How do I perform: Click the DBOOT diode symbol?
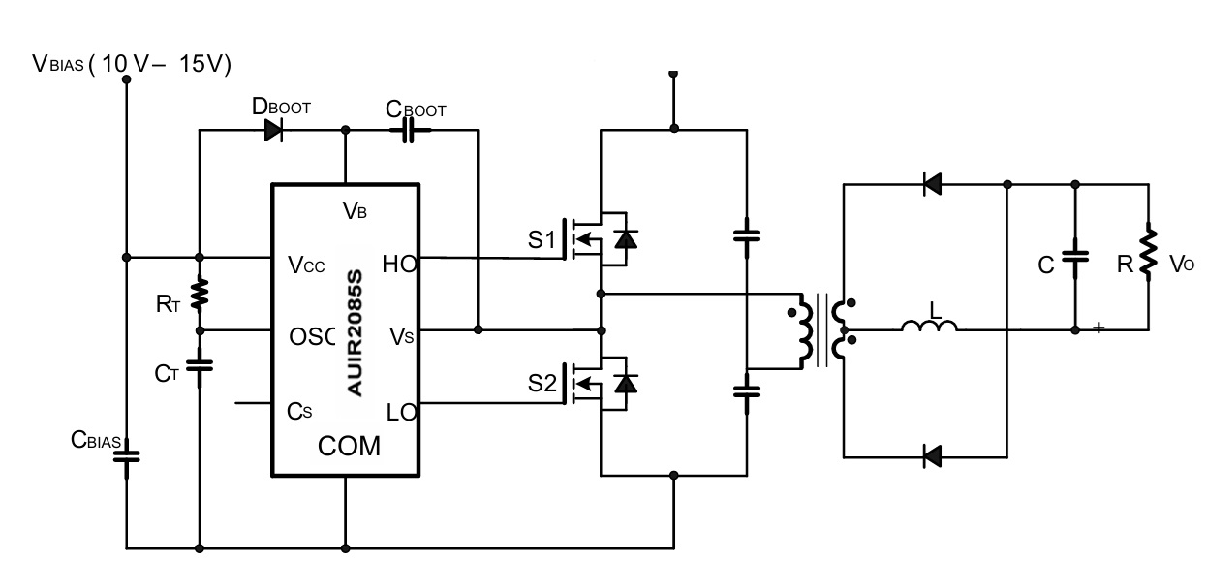(x=274, y=130)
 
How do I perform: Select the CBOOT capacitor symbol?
(x=409, y=130)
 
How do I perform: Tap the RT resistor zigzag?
(x=200, y=294)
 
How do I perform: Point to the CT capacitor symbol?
(x=200, y=366)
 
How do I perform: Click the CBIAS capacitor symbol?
(x=127, y=457)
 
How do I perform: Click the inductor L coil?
(x=930, y=325)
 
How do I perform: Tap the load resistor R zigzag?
(x=1148, y=252)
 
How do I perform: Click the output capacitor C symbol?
(x=1075, y=257)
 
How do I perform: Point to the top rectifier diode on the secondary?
(x=932, y=184)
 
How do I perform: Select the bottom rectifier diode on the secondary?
(x=932, y=457)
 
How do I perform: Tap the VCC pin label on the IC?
(x=306, y=265)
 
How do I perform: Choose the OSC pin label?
(x=312, y=337)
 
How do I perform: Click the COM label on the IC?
(x=349, y=446)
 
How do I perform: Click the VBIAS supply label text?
(x=132, y=64)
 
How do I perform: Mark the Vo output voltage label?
(x=1182, y=265)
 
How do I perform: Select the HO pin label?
(x=399, y=265)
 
